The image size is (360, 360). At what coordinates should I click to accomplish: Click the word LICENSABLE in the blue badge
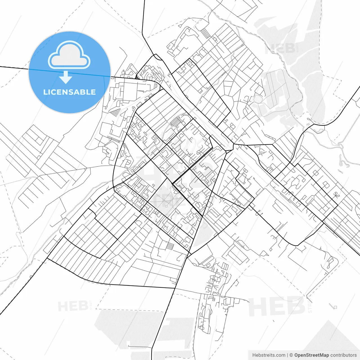coord(69,92)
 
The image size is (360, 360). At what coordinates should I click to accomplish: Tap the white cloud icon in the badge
coord(69,55)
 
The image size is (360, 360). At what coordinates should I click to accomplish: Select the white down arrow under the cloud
coord(66,77)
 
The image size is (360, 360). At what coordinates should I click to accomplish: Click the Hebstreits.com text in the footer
coord(269,355)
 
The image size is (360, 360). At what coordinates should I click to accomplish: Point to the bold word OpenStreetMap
coord(311,355)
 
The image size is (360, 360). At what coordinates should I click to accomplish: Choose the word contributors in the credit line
coord(343,355)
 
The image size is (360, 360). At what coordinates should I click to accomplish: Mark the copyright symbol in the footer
coord(291,355)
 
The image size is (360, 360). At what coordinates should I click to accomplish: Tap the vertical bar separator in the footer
coord(287,355)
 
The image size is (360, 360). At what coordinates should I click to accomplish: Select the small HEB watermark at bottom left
coord(73,306)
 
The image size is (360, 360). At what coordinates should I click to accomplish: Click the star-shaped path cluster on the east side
coord(336,194)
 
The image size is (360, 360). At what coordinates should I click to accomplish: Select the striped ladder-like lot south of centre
coord(170,246)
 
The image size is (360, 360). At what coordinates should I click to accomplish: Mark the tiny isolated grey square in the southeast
coord(335,307)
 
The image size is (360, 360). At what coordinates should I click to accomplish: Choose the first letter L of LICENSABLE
coord(45,92)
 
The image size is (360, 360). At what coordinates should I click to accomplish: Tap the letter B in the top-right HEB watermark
coord(290,49)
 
